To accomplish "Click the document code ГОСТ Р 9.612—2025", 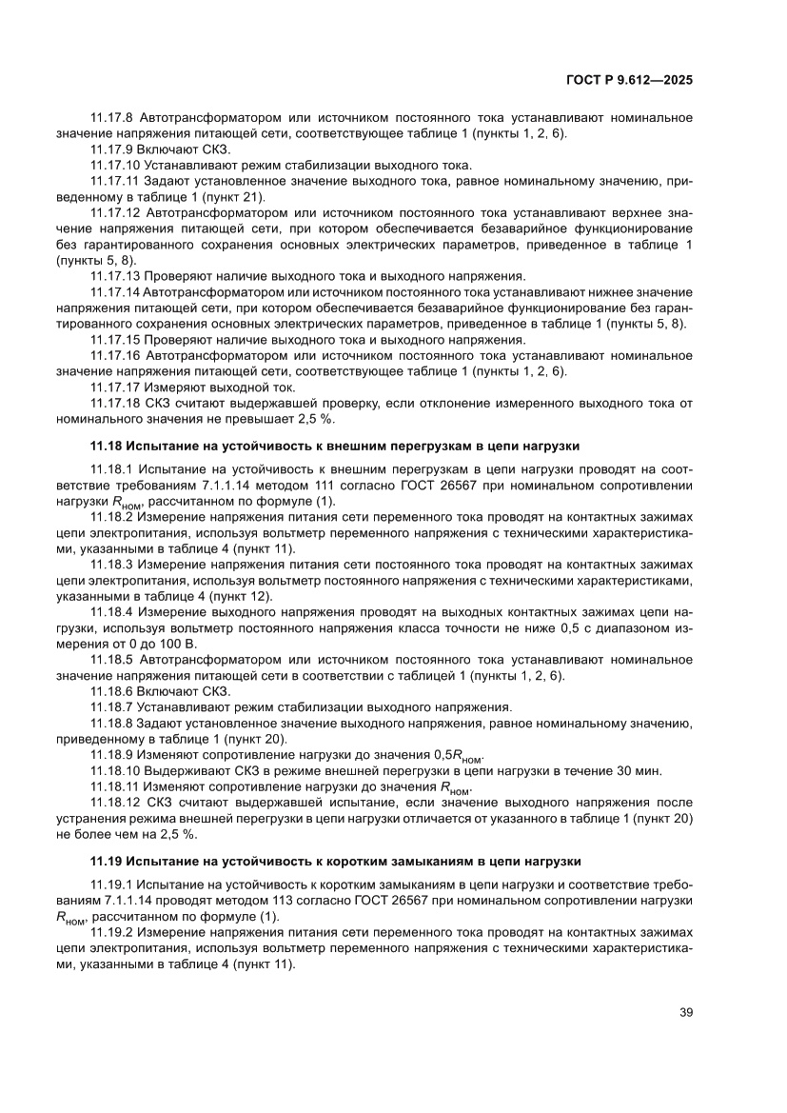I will tap(629, 81).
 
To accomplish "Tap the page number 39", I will tap(685, 1011).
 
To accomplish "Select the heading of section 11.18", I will tap(334, 445).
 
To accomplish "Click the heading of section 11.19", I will tap(335, 861).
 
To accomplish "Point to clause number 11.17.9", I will tap(114, 149).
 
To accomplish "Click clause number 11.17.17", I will tap(118, 387).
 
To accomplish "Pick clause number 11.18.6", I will tap(114, 690).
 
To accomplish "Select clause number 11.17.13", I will tap(118, 276).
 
